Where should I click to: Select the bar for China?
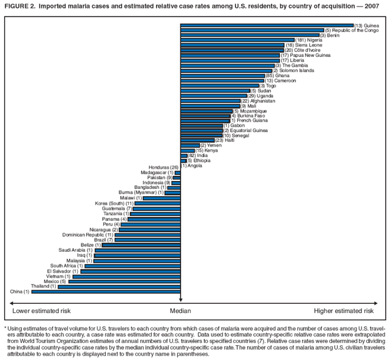(x=106, y=292)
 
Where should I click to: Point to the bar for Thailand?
(x=119, y=286)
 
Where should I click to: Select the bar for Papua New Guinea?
(x=230, y=55)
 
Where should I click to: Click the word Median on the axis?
(x=180, y=311)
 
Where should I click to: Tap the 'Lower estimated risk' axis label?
(x=42, y=311)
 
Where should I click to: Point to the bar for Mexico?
(x=124, y=281)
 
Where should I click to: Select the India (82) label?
(x=199, y=155)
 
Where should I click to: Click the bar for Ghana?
(x=223, y=75)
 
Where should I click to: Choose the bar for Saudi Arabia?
(x=138, y=250)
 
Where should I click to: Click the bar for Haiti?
(x=198, y=140)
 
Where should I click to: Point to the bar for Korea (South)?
(x=157, y=204)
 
